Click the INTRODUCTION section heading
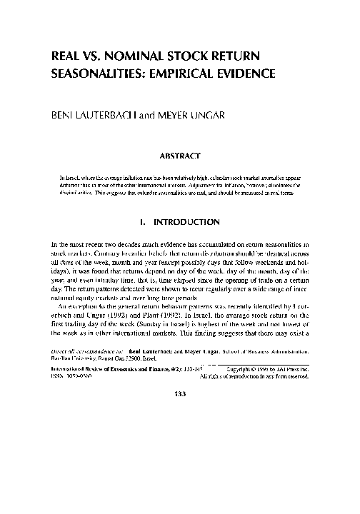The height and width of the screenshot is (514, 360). coord(189,221)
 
